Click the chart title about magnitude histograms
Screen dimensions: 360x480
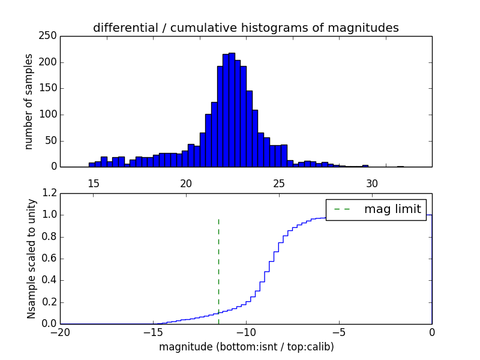tap(245, 28)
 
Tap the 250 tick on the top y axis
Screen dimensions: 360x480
tap(50, 36)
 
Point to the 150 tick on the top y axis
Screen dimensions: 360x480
tap(50, 88)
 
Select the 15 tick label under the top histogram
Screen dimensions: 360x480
tap(94, 184)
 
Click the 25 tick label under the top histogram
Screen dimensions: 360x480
tap(279, 184)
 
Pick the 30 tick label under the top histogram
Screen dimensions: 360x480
tap(372, 184)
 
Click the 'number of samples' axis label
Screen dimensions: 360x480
tap(29, 101)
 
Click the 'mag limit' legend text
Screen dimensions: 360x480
tap(392, 209)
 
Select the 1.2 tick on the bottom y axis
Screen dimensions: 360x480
tap(50, 193)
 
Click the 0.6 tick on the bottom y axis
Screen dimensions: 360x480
tap(50, 259)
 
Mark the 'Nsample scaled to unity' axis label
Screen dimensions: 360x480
tap(31, 259)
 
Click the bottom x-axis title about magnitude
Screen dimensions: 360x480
tap(246, 347)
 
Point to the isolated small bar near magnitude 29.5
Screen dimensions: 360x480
tap(365, 166)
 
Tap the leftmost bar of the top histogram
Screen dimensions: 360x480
tap(92, 164)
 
